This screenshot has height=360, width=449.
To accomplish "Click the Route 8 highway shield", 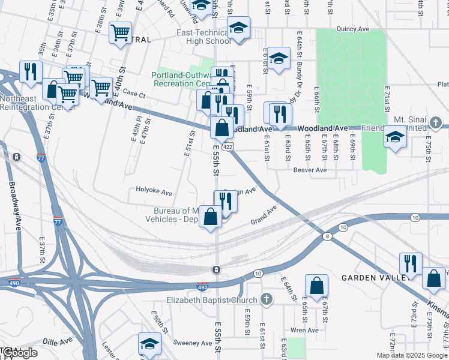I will [327, 236].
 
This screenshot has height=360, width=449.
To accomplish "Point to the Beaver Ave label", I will [310, 170].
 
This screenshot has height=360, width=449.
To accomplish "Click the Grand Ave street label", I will [264, 215].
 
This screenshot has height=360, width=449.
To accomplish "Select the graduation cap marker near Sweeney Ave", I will [149, 343].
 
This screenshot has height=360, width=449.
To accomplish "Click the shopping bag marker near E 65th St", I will [316, 284].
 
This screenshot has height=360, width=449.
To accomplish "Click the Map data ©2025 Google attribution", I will [412, 355].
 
